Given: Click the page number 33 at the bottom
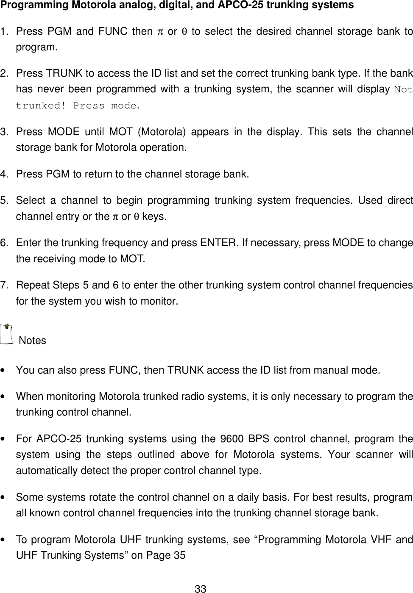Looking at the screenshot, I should [x=200, y=588].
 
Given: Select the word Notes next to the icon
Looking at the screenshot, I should [x=33, y=341].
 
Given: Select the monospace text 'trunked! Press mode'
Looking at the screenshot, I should [x=76, y=106].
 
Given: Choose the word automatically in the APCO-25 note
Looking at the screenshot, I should [x=44, y=471].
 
